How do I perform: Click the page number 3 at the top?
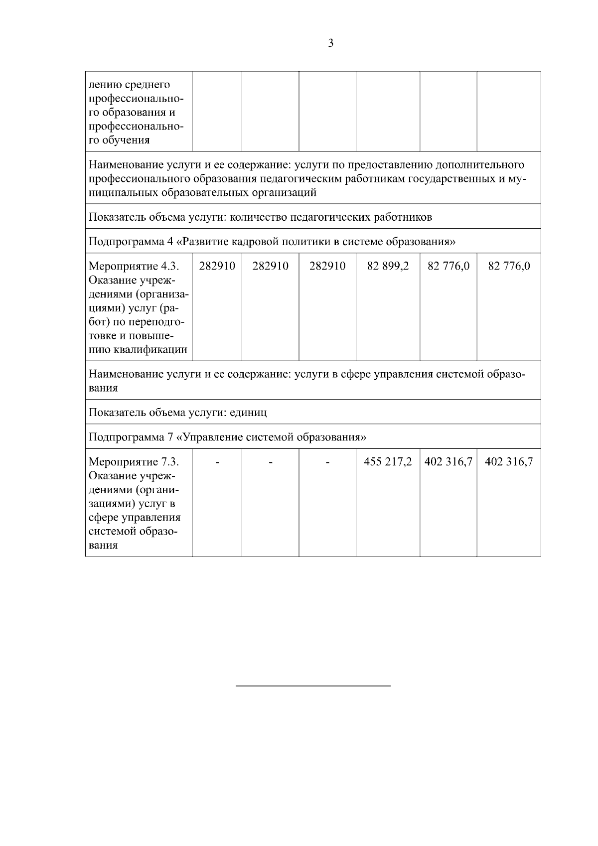(x=331, y=43)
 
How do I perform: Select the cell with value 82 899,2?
(x=388, y=266)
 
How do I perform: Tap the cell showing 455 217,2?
(x=388, y=462)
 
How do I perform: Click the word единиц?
(x=248, y=413)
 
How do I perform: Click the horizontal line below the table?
(x=312, y=686)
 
